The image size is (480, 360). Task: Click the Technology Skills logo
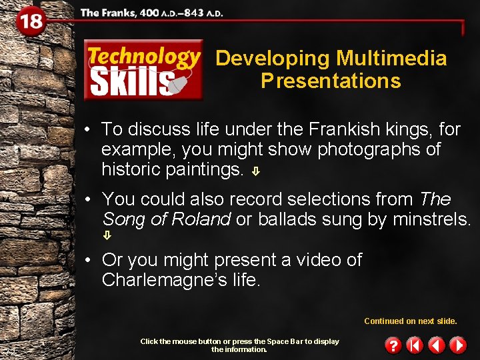143,70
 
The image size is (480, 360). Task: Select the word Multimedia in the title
391,58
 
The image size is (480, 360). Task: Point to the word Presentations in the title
331,81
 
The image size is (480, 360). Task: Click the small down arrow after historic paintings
256,171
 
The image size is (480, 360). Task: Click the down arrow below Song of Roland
107,235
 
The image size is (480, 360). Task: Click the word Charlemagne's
159,280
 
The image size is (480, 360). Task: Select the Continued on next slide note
410,321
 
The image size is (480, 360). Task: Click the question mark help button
394,345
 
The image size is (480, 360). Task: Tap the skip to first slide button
415,345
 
